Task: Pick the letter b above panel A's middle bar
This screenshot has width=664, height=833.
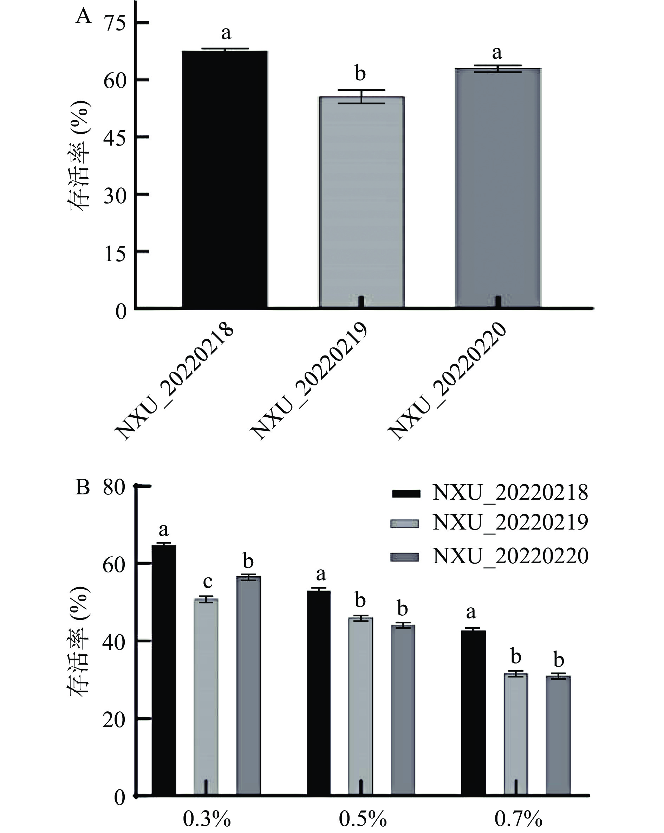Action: pos(360,73)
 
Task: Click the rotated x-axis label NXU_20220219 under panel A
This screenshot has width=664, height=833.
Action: pos(309,381)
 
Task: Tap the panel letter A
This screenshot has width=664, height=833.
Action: pos(83,17)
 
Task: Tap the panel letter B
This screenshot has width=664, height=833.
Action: pos(83,488)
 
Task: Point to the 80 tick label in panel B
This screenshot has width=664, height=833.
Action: pos(114,488)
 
